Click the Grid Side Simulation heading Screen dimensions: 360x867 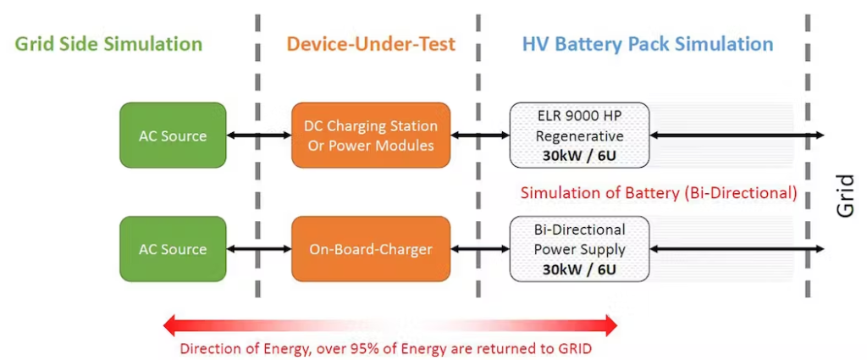point(108,43)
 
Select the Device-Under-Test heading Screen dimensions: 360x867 point(371,43)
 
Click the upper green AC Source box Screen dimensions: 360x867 point(173,136)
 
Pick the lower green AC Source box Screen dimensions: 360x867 point(173,249)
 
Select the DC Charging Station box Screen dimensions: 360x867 point(371,136)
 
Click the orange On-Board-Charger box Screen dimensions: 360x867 point(371,249)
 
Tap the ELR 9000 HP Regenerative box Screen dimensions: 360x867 point(578,136)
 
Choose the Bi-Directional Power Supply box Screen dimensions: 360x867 point(578,249)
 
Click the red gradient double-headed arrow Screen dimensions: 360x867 point(390,324)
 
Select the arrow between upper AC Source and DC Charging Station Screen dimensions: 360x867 point(259,136)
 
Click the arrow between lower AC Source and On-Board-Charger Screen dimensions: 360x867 point(259,249)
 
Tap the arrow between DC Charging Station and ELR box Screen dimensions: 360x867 point(479,136)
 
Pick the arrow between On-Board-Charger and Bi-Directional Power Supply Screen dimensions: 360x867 point(479,249)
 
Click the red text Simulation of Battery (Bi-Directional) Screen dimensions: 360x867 point(659,193)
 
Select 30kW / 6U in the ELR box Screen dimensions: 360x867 point(578,155)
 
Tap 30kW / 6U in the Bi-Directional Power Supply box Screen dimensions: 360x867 point(578,269)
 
